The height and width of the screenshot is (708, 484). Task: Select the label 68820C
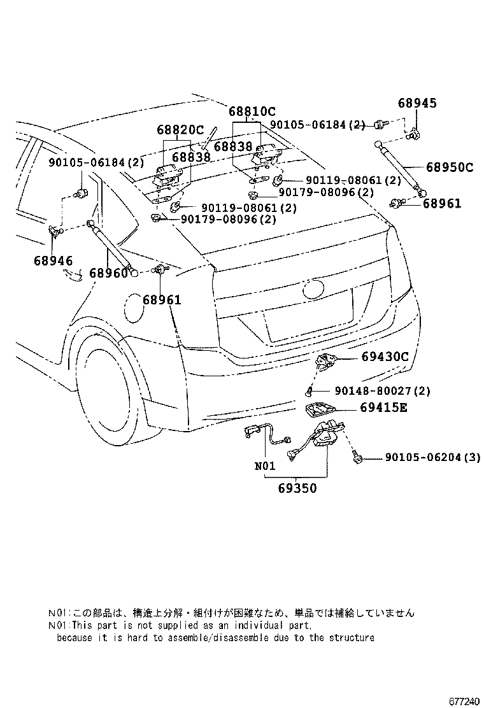(180, 130)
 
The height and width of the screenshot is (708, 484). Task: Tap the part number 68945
(418, 103)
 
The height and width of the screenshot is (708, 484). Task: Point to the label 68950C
(450, 167)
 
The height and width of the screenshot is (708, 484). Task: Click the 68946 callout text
(53, 260)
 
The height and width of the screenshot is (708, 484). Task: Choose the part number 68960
(108, 273)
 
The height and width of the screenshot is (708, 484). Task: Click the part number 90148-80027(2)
(382, 391)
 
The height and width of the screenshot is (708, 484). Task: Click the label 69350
(297, 488)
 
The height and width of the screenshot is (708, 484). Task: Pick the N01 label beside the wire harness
(265, 466)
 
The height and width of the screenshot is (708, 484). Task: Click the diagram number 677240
(462, 700)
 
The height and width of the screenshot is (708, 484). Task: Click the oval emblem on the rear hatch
(314, 290)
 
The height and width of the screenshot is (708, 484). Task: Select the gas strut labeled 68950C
(399, 167)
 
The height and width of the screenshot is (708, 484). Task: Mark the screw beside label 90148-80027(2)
(309, 390)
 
